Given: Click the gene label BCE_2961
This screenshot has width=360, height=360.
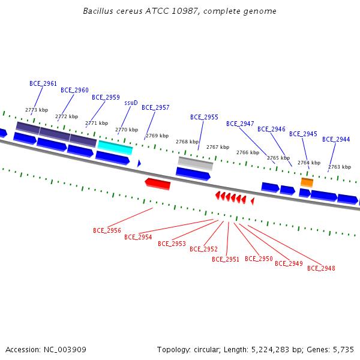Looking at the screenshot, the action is coord(43,83).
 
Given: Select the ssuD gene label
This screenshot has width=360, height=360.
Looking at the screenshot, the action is coord(131,103).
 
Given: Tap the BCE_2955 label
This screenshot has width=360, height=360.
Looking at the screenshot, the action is coord(204,117).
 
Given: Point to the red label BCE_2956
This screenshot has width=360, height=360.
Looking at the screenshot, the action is coord(107,230).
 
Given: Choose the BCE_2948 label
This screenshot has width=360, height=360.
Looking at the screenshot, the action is coord(321,268).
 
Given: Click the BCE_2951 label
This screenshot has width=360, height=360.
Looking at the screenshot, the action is coord(226,259).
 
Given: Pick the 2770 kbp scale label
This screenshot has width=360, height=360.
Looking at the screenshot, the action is coord(127,130).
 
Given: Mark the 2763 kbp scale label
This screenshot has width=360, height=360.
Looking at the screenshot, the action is coord(340,167).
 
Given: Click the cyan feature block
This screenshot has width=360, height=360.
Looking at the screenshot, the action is coord(115,148).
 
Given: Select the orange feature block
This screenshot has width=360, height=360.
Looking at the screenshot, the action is coord(307,182).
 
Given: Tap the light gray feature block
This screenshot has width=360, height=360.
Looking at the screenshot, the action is coord(196,163).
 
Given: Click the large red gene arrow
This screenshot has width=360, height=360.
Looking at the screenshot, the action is coord(158,184).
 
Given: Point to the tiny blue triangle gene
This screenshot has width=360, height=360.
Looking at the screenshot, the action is coord(139,163).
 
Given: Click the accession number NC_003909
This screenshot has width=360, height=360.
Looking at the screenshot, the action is coord(65,350).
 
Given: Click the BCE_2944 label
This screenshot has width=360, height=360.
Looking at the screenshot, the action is coord(336,139).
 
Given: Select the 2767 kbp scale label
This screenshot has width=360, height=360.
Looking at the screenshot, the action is coord(218,147).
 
